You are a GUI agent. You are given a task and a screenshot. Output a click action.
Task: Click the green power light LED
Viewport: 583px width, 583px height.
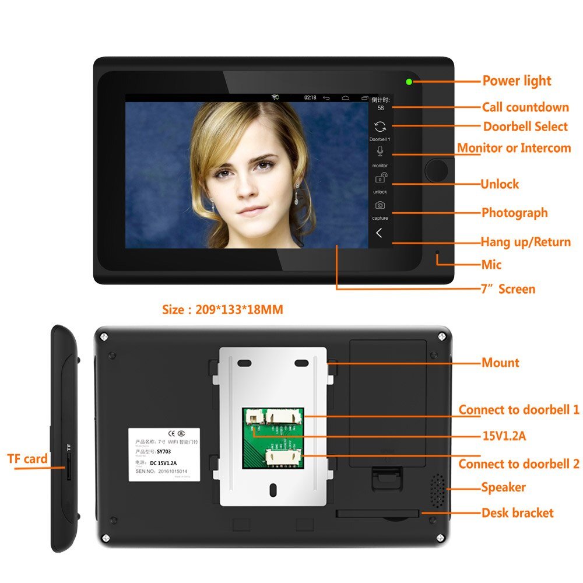point(409,82)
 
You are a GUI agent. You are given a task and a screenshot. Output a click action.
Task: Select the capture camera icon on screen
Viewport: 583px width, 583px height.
point(380,205)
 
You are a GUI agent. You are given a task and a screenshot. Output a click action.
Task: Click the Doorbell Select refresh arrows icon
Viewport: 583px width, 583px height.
point(380,127)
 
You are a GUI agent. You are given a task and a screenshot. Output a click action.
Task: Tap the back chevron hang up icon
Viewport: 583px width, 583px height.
point(380,233)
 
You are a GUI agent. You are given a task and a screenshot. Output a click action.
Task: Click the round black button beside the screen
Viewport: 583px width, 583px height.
point(436,170)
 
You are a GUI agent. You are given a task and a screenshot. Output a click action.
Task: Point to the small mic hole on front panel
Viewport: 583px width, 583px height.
point(437,255)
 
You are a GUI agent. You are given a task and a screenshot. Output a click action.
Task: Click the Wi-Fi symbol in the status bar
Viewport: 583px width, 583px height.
point(275,97)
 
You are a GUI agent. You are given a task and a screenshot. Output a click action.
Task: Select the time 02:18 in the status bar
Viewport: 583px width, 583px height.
point(310,97)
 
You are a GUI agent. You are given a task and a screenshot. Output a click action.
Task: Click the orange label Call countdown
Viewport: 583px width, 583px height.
point(525,107)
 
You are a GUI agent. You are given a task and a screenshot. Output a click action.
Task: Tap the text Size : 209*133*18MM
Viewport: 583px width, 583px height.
point(222,310)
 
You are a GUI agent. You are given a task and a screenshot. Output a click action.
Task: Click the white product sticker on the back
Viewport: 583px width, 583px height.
point(164,454)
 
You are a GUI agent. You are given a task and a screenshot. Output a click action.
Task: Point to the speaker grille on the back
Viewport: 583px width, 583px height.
point(437,490)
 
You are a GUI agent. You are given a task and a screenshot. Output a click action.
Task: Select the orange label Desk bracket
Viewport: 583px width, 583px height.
point(517,513)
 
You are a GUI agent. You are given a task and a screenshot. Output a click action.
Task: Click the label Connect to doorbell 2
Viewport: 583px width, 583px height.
point(518,464)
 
